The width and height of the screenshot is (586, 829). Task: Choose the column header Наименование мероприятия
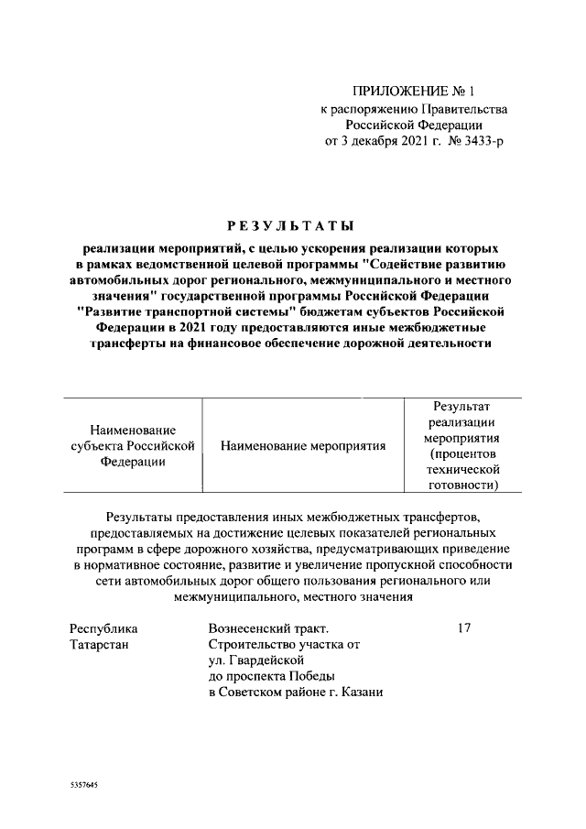[303, 445]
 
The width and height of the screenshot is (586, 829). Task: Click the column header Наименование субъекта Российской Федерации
[134, 445]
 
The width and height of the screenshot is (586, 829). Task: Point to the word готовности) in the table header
[462, 485]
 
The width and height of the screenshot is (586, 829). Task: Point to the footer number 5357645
[83, 787]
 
